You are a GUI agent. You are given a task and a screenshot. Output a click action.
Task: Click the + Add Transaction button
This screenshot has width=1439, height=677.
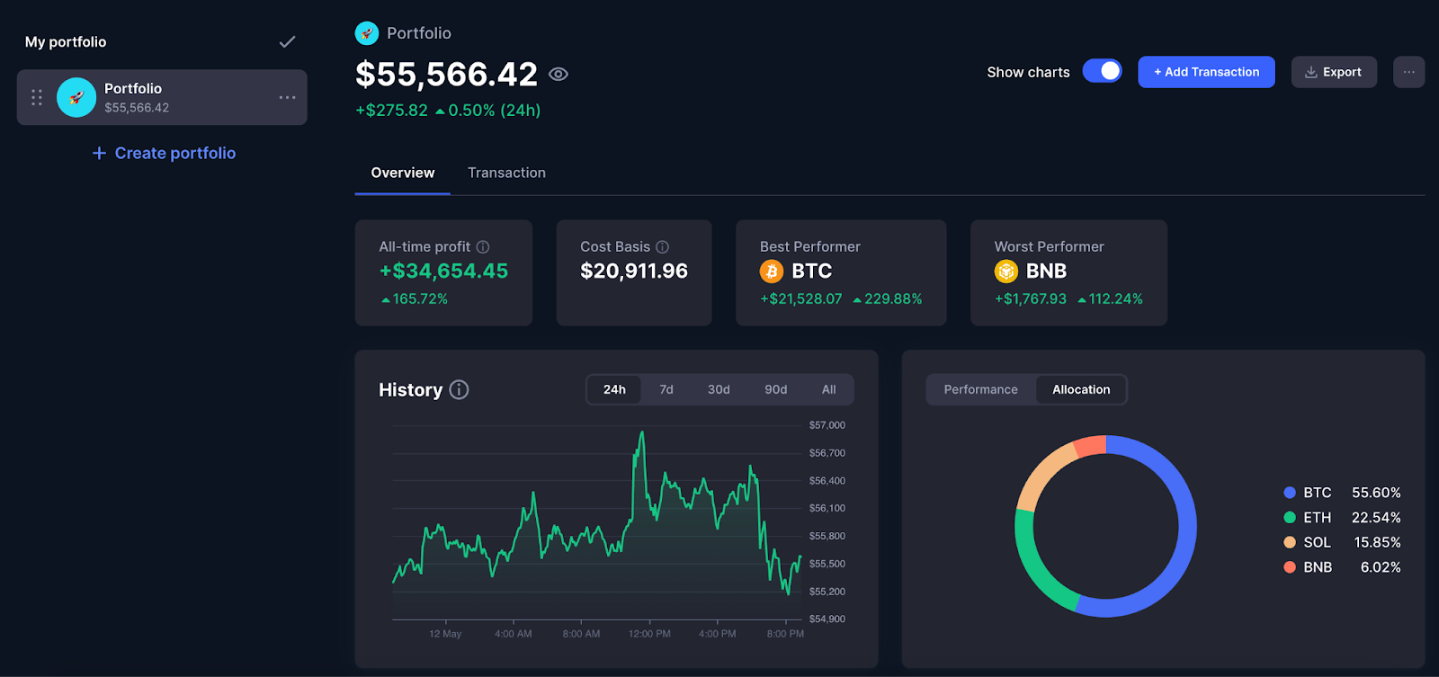(x=1206, y=72)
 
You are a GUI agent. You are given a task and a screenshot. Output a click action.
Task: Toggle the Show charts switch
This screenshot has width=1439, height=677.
(x=1102, y=71)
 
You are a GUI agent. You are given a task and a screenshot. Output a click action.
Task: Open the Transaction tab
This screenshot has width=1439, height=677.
(x=506, y=173)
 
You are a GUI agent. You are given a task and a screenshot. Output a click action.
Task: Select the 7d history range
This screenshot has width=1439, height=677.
(x=666, y=389)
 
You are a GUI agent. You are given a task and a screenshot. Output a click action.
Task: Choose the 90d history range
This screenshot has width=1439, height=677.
(x=775, y=389)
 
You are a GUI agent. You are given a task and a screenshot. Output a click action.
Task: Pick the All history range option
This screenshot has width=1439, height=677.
(x=828, y=389)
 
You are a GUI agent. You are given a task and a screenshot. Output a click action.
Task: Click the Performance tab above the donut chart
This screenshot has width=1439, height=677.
(x=980, y=389)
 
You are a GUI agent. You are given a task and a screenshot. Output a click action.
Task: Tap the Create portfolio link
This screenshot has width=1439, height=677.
(x=174, y=153)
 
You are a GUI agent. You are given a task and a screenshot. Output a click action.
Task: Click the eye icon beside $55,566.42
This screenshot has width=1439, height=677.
(x=559, y=75)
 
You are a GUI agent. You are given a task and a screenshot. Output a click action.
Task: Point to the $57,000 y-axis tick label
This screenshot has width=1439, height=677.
(x=827, y=425)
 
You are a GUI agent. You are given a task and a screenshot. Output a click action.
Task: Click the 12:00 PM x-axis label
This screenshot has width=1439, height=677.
(x=649, y=634)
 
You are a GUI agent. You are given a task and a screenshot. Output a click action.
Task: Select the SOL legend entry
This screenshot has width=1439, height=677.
(x=1317, y=542)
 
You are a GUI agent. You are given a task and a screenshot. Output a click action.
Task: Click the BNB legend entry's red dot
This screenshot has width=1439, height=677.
(x=1290, y=567)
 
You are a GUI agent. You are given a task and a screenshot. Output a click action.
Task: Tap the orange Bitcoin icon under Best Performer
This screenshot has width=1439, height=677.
(x=772, y=271)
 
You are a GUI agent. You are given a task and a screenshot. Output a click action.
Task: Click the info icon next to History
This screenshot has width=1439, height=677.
(x=459, y=389)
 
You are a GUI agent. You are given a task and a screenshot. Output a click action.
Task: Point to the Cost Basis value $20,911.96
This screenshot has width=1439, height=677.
(x=634, y=271)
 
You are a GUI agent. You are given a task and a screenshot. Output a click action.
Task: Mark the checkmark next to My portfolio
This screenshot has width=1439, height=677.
(x=287, y=42)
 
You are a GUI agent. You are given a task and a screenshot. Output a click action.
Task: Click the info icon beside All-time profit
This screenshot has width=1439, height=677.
(x=483, y=246)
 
